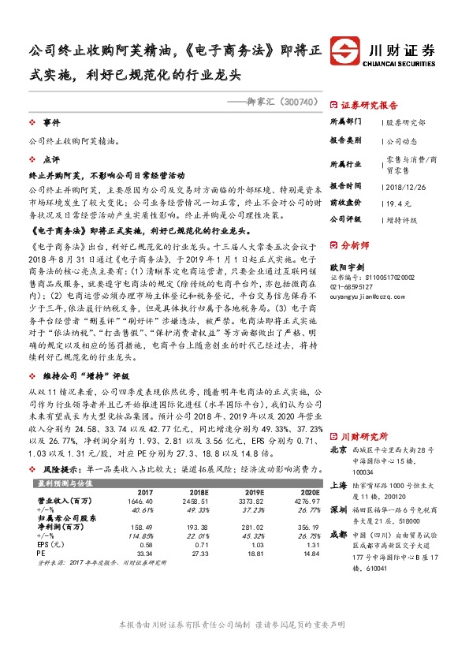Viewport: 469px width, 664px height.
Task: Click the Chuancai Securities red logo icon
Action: coord(346,49)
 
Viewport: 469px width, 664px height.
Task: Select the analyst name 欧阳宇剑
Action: coord(347,267)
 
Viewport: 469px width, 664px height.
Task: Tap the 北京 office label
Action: coord(339,450)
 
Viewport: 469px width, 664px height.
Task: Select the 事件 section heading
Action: coord(51,124)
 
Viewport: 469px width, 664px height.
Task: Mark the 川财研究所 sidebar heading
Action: coord(363,435)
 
